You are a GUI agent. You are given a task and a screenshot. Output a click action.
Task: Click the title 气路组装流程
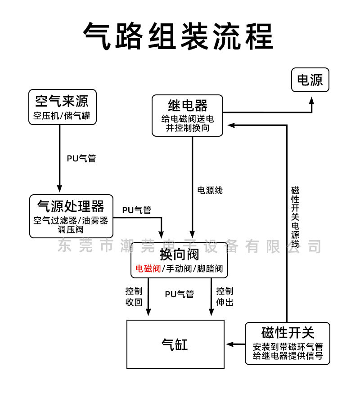tap(178, 36)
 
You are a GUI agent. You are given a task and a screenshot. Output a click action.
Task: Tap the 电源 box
tap(310, 80)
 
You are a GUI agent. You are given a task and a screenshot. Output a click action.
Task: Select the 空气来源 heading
tap(62, 101)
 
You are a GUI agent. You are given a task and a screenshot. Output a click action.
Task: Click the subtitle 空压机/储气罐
tap(62, 116)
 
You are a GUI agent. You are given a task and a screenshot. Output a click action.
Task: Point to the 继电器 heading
tap(188, 105)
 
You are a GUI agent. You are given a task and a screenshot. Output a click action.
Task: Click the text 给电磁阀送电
tap(188, 119)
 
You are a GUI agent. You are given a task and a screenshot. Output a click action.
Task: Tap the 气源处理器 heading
tap(71, 206)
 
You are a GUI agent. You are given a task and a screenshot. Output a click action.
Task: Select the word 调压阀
tap(71, 229)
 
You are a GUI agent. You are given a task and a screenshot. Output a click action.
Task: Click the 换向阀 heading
tap(180, 255)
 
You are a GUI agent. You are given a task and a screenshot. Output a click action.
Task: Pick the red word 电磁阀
tap(148, 269)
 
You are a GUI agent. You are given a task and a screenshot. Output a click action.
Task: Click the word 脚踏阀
tap(210, 269)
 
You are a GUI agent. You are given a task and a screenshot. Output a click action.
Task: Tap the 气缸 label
tap(175, 344)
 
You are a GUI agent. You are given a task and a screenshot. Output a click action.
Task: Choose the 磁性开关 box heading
tap(288, 333)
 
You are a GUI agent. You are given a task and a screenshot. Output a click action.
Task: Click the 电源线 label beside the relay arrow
tap(210, 191)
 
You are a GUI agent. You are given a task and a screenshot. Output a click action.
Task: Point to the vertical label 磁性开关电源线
tap(295, 217)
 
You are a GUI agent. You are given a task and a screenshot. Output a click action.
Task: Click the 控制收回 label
tap(134, 296)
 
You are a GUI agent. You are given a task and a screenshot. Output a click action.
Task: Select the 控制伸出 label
tap(225, 296)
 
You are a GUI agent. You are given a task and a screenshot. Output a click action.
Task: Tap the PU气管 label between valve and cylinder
tap(180, 294)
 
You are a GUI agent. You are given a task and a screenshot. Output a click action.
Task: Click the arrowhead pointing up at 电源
tap(311, 101)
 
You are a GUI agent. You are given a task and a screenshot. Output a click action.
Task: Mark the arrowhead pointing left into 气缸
tap(230, 344)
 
